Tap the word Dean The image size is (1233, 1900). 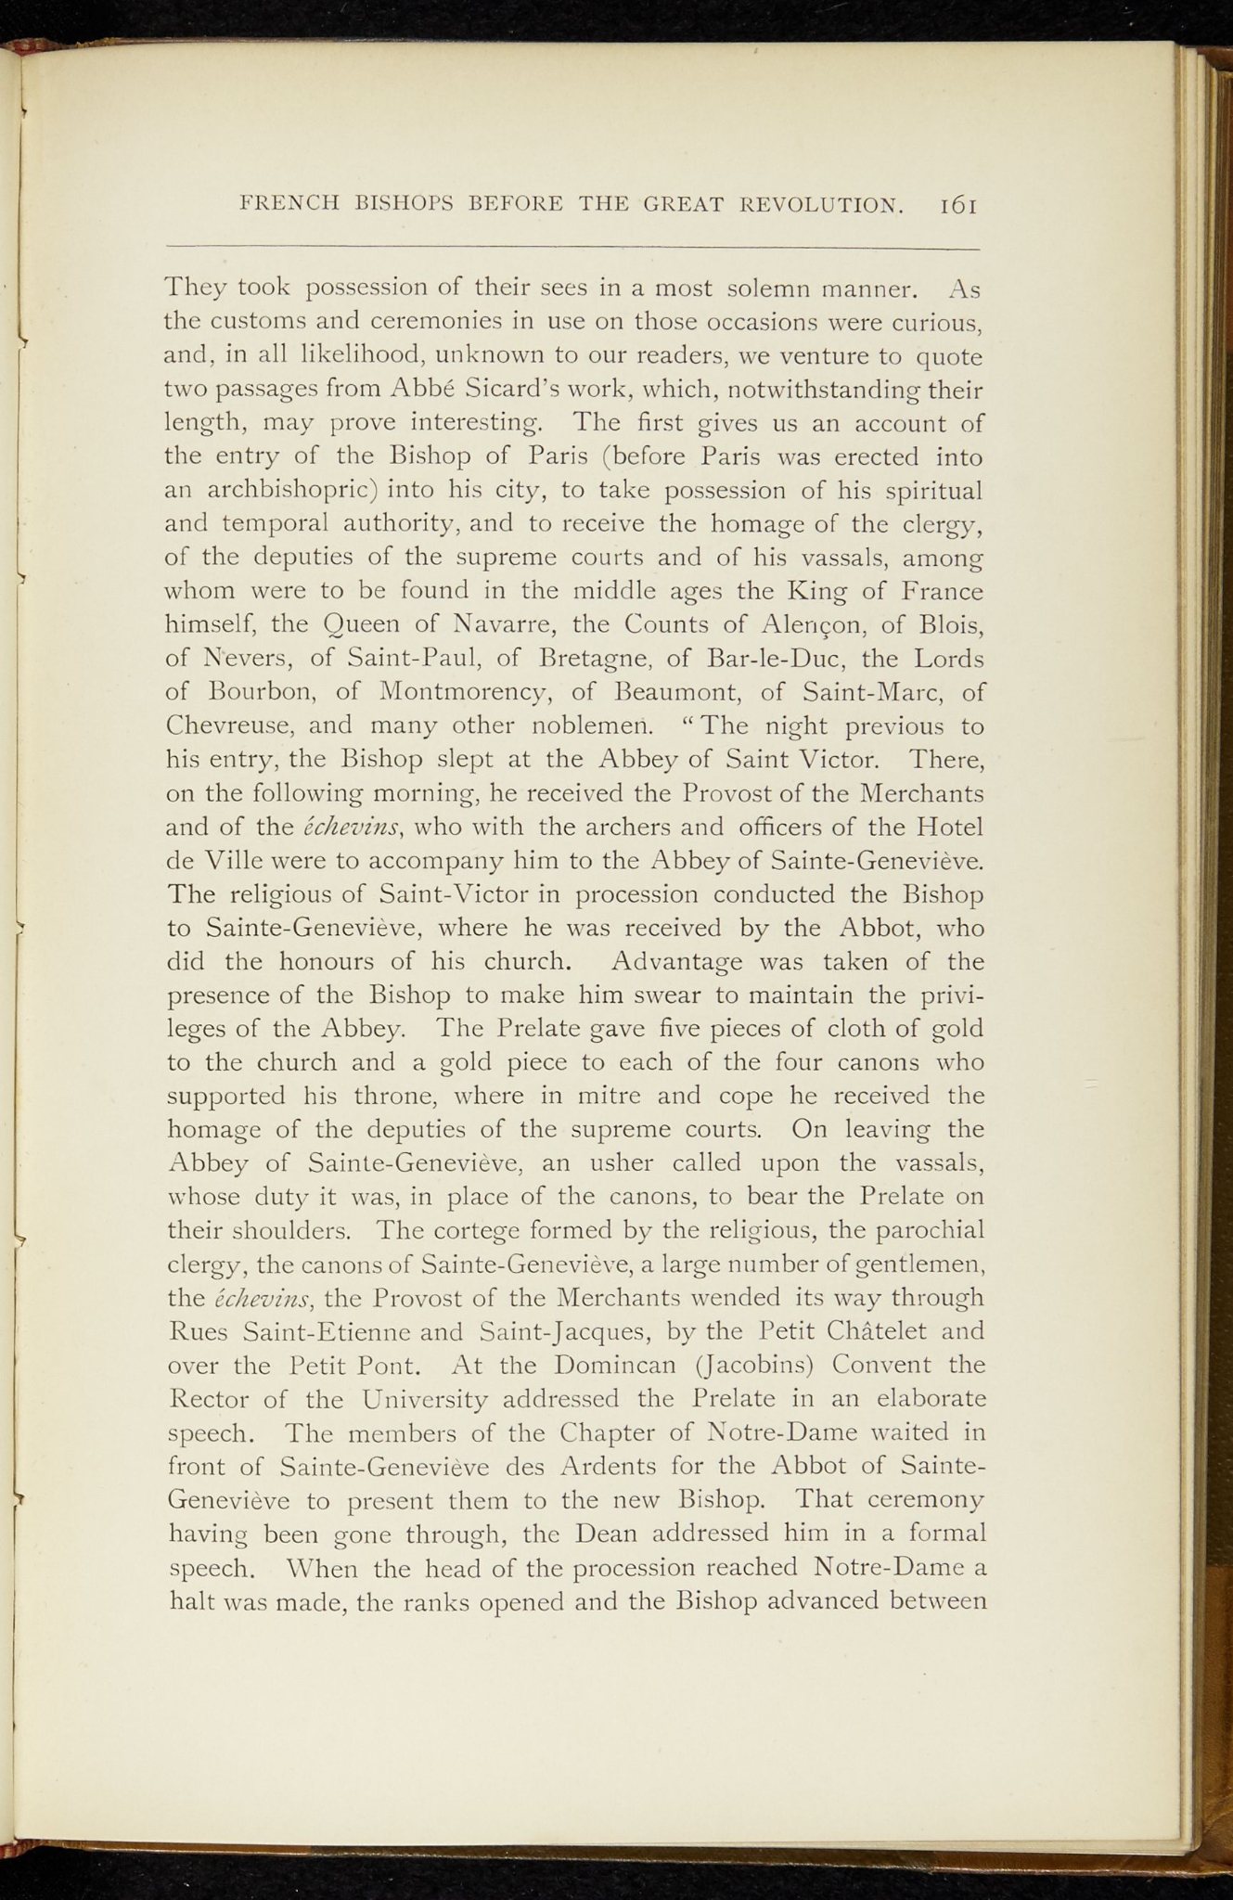tap(606, 1534)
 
